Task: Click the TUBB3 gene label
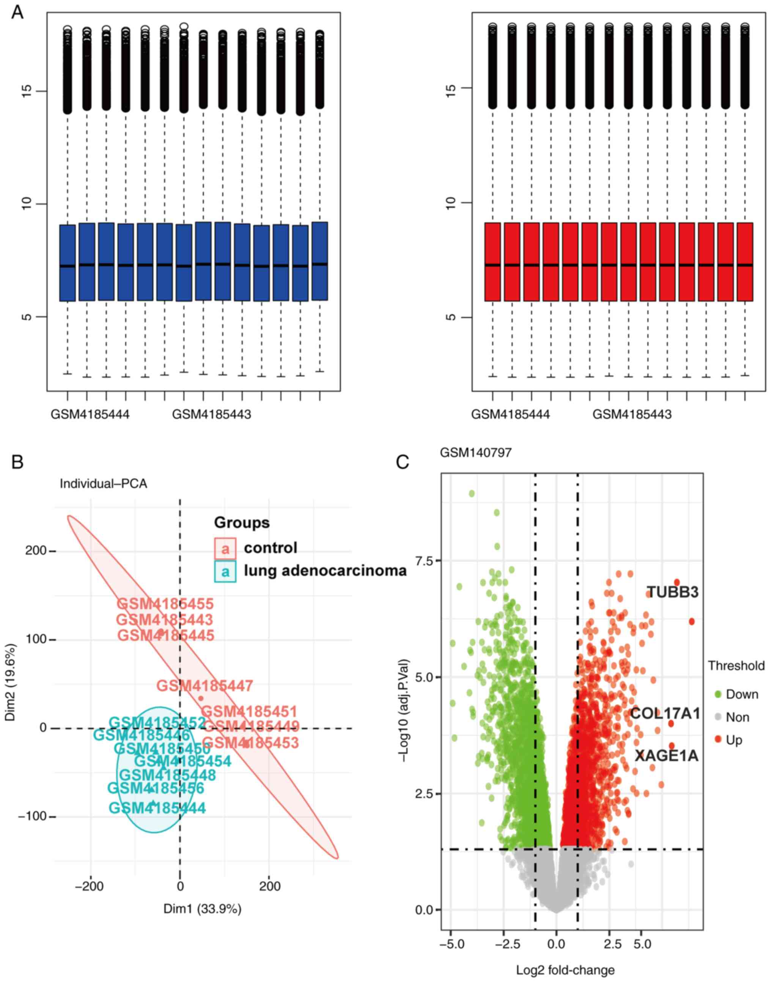click(x=673, y=592)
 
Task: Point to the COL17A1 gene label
click(x=665, y=713)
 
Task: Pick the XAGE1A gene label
click(x=667, y=756)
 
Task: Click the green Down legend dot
click(x=718, y=694)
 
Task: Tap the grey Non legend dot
click(x=718, y=717)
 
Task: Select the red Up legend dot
click(x=718, y=740)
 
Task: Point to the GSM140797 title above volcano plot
click(x=476, y=453)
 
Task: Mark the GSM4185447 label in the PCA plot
click(x=205, y=686)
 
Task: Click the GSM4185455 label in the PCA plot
click(x=165, y=604)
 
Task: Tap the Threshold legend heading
click(x=736, y=666)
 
